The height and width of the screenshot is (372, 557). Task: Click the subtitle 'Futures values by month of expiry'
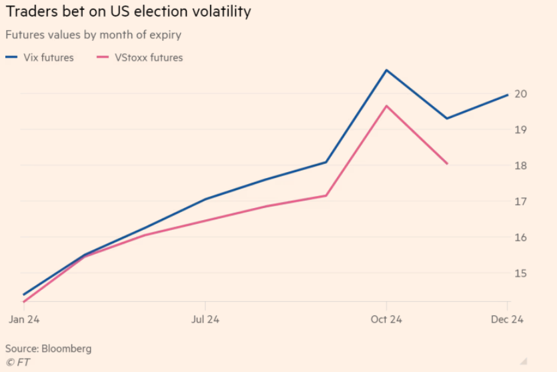coord(93,35)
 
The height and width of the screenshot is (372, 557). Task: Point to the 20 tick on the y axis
coord(522,94)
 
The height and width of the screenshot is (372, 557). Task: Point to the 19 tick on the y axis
coord(522,130)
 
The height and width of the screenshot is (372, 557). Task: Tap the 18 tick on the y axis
coord(522,166)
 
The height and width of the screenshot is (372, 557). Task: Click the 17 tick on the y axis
coord(522,202)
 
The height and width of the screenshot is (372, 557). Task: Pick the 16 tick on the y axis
coord(522,238)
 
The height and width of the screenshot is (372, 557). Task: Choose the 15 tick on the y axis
coord(522,274)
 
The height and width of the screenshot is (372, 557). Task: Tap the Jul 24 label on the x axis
coord(205,319)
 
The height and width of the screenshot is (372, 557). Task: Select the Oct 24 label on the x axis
coord(386,319)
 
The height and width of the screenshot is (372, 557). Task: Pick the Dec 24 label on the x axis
coord(508,319)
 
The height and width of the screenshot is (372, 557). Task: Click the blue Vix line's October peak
coord(386,70)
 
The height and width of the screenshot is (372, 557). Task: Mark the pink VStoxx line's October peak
coord(386,106)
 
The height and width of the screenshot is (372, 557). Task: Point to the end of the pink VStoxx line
coord(447,163)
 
